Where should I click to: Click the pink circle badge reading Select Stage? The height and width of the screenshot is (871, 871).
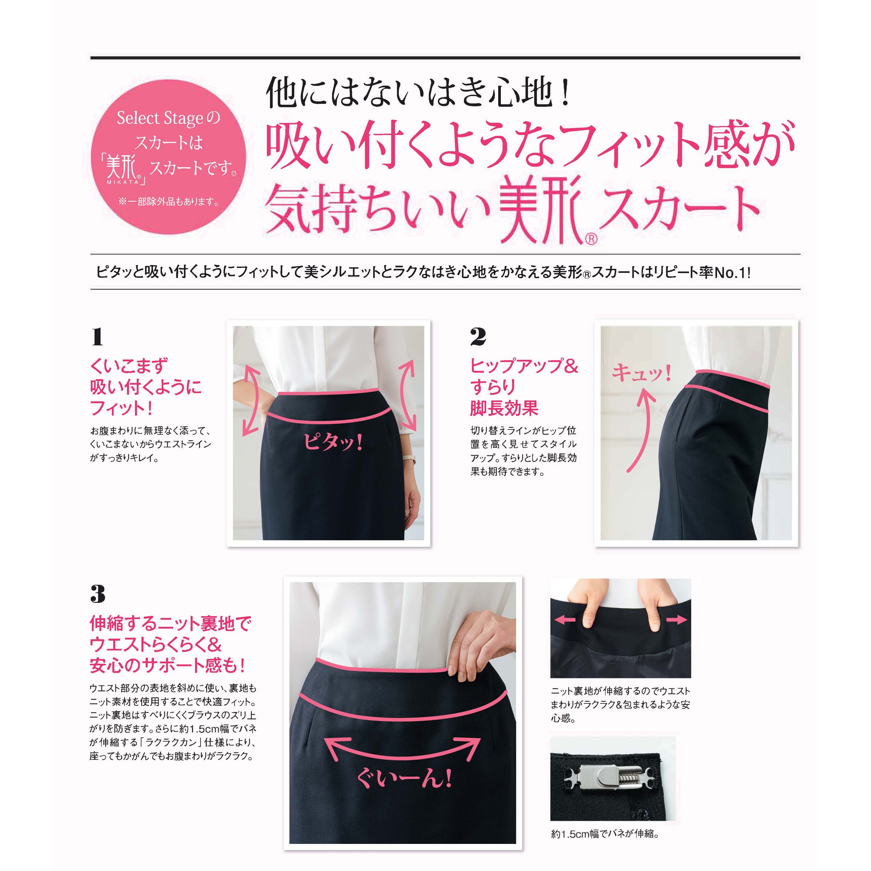169,157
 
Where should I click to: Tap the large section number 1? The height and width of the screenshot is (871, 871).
97,337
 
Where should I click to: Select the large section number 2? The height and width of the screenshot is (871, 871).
478,337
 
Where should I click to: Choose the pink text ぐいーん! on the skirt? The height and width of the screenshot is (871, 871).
404,778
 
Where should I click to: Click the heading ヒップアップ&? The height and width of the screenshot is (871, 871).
524,366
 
